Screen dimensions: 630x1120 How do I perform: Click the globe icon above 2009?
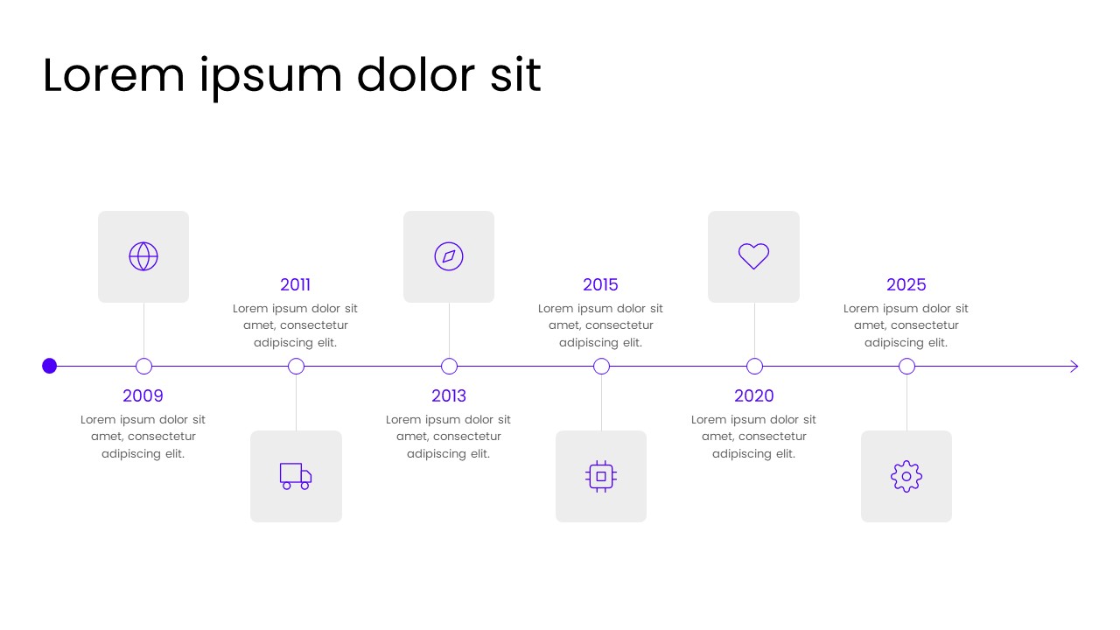(x=143, y=256)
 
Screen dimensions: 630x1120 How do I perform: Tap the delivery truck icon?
(x=296, y=476)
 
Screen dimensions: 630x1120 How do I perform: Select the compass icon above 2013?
(x=449, y=256)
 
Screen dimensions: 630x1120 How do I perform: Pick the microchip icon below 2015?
(x=601, y=476)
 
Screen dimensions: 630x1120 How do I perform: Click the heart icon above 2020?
(x=753, y=256)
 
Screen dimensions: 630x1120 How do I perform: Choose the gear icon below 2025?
(x=906, y=476)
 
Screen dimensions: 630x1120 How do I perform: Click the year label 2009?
(x=143, y=395)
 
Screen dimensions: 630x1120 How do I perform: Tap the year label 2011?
(x=296, y=284)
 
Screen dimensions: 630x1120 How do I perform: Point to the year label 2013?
(x=449, y=395)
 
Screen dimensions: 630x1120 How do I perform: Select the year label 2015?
(x=600, y=284)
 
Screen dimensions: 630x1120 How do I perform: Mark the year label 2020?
(x=754, y=395)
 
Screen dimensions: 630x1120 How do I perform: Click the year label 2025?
(x=906, y=284)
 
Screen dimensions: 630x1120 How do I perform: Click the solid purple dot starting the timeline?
(x=50, y=366)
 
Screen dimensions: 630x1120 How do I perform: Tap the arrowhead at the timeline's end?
(x=1074, y=367)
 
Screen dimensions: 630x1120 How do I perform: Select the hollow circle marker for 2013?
(x=449, y=367)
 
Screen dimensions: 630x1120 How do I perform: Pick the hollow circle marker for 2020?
(x=754, y=367)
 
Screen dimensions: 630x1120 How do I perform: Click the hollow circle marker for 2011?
(x=296, y=367)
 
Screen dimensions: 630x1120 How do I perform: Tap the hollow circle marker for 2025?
(x=906, y=367)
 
